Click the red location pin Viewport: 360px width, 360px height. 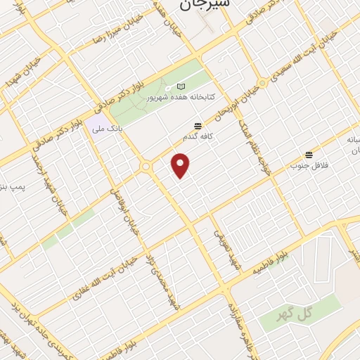click(181, 165)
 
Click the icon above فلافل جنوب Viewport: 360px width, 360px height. click(308, 154)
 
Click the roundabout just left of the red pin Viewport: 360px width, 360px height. click(146, 167)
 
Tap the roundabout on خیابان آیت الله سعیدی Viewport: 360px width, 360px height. click(262, 83)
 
